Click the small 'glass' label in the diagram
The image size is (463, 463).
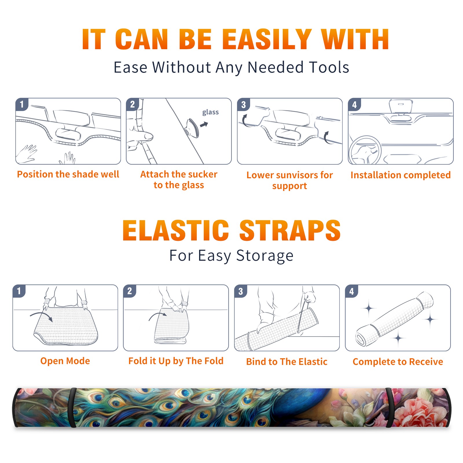coord(210,112)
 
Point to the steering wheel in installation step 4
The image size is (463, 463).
coord(365,150)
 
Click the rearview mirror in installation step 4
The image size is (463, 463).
coord(400,106)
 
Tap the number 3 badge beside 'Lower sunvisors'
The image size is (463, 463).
coord(243,105)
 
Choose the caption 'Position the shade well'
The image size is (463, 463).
coord(68,174)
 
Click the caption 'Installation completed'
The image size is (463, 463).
coord(400,175)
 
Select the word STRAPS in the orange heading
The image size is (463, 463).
coord(290,230)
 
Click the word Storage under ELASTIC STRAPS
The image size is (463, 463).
coord(265,256)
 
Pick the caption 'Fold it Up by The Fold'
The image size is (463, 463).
coord(176,361)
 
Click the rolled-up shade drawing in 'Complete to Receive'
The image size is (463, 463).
coord(394,319)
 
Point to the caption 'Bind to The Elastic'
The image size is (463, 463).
coord(287,362)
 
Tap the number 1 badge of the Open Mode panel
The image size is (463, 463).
coord(19,291)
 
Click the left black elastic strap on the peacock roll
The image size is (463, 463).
coord(72,408)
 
